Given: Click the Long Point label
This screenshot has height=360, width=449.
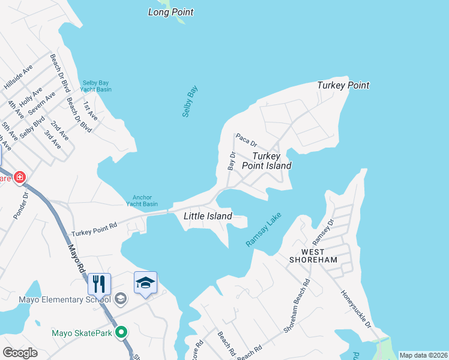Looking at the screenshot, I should click(x=171, y=12).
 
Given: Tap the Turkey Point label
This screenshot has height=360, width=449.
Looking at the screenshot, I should click(x=343, y=85).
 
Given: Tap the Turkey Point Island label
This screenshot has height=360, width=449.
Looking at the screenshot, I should click(x=267, y=161).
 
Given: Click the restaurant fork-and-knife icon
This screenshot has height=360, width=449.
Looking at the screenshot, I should click(x=100, y=284).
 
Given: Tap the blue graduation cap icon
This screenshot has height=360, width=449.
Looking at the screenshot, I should click(x=145, y=283).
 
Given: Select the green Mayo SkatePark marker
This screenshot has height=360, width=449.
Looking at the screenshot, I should click(x=122, y=332).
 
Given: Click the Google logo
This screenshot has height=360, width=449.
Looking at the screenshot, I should click(x=20, y=353).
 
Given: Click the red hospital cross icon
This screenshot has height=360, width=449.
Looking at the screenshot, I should click(x=19, y=177).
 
